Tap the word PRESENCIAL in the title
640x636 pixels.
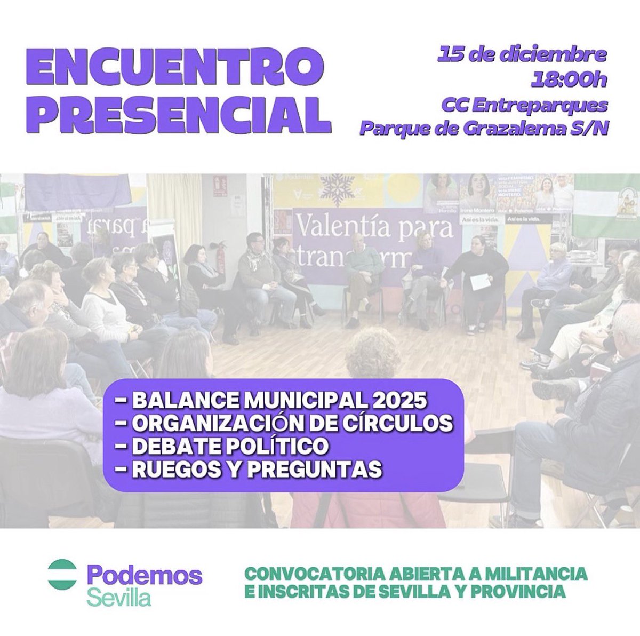178,114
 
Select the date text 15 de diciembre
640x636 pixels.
522,54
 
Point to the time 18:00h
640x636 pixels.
569,80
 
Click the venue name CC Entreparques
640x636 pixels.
524,105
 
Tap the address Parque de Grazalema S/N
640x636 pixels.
484,129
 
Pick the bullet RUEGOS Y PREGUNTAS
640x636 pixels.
249,470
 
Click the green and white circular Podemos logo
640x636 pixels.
62,575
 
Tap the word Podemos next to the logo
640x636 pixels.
145,576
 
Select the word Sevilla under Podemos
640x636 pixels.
118,597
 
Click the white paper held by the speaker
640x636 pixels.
479,282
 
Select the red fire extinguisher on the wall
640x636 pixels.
220,258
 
